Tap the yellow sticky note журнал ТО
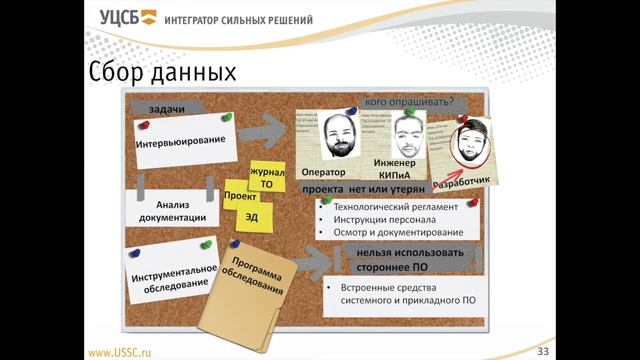click(267, 178)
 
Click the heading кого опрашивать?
click(409, 101)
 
